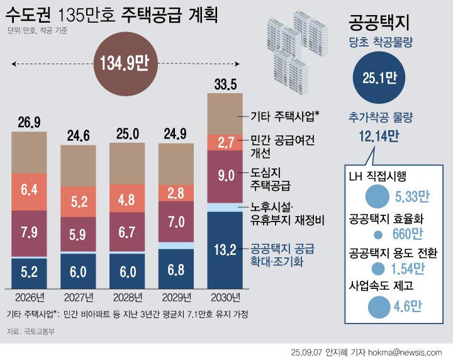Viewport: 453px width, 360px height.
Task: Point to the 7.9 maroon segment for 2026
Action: (29, 233)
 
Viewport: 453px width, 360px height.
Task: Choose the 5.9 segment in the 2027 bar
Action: (78, 235)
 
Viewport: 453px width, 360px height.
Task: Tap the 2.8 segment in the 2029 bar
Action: (176, 193)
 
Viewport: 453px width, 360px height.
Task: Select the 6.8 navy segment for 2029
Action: (176, 269)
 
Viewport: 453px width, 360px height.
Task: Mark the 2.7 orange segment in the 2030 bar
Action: (225, 142)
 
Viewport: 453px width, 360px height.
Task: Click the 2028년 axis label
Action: (127, 296)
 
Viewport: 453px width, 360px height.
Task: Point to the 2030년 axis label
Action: (225, 296)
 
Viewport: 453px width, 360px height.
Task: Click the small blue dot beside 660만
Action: (377, 235)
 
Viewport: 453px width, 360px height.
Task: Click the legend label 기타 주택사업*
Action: (285, 115)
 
